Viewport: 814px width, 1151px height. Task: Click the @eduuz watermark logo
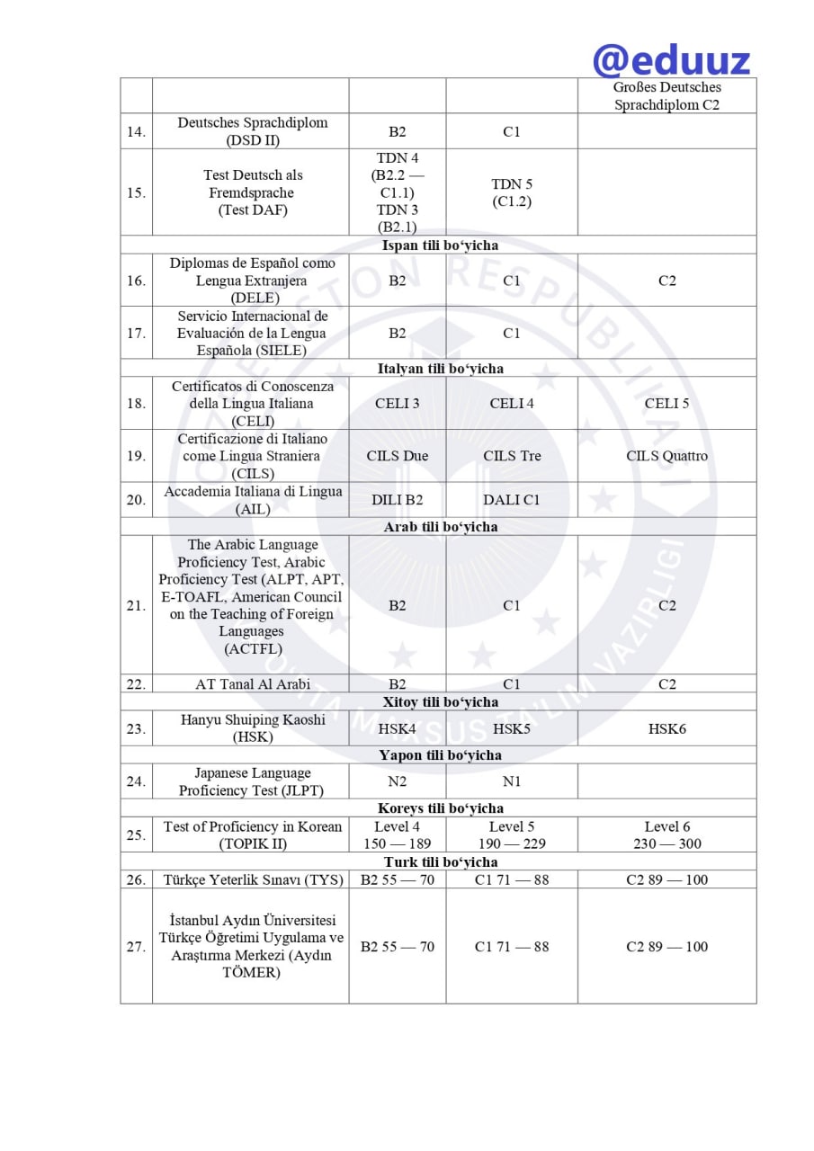tap(671, 59)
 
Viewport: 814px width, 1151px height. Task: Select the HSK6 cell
tap(666, 728)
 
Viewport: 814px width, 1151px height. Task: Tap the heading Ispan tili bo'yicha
tap(440, 245)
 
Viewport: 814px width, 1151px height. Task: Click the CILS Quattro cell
tap(666, 456)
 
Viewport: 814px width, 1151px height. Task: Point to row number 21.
tap(136, 606)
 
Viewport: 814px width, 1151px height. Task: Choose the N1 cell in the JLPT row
tap(511, 781)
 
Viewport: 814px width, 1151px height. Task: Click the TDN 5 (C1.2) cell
tap(511, 192)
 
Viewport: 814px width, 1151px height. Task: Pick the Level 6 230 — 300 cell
tap(666, 834)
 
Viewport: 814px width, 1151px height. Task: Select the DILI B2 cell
tap(397, 500)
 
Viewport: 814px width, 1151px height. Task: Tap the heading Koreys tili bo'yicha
tap(440, 808)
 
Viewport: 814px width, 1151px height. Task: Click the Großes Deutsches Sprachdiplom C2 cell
tap(666, 95)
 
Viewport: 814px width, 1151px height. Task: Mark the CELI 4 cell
tap(511, 404)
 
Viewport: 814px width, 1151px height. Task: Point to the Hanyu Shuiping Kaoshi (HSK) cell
tap(251, 728)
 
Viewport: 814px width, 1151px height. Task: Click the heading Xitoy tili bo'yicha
tap(440, 702)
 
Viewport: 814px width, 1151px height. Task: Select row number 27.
tap(136, 947)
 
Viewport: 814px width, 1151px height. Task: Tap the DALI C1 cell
tap(511, 500)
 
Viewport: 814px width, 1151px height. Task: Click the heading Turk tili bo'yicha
tap(440, 862)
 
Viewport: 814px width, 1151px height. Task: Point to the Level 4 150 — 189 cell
tap(397, 834)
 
